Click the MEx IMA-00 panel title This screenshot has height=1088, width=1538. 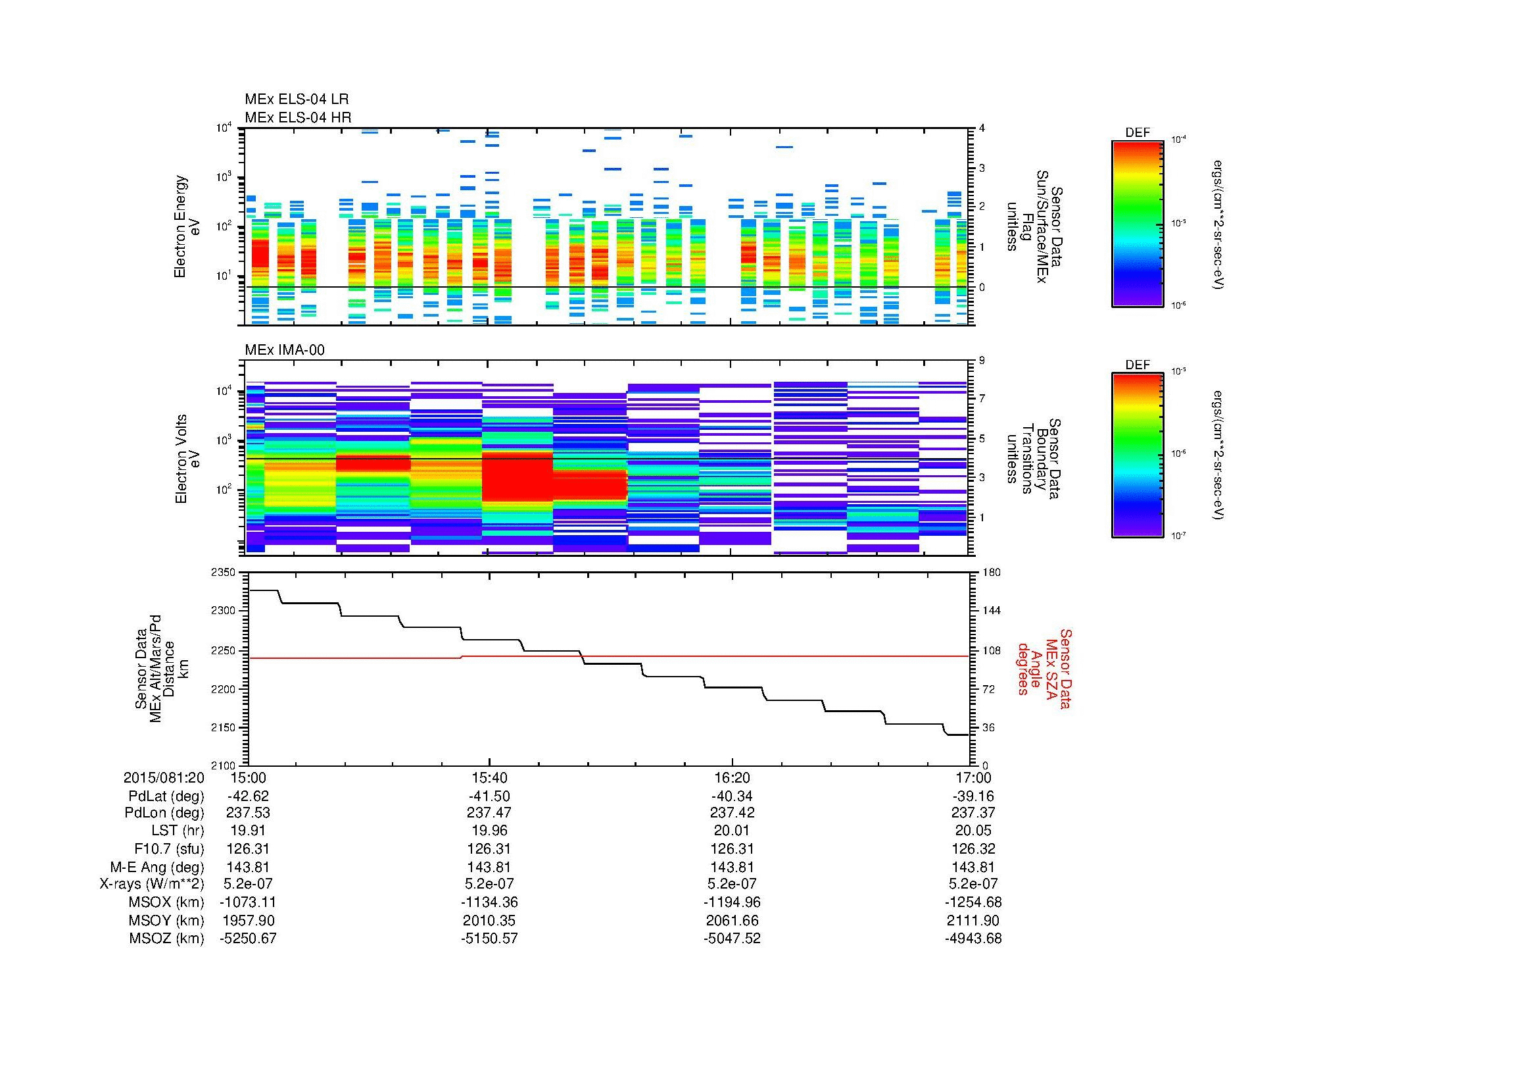[285, 350]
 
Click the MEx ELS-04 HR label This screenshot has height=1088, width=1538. [298, 117]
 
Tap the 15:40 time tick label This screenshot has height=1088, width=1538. [490, 777]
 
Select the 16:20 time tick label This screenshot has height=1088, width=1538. [731, 777]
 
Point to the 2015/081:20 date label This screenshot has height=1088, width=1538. [164, 777]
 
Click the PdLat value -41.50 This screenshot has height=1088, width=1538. [490, 796]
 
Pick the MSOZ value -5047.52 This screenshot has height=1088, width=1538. [731, 939]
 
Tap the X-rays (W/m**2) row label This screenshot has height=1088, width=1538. [152, 884]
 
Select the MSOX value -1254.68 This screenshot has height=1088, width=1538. [973, 902]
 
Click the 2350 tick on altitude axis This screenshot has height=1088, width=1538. [224, 573]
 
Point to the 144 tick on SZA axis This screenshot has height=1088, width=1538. [991, 611]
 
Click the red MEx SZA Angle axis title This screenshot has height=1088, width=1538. [1044, 668]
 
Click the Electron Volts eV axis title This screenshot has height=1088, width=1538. [187, 459]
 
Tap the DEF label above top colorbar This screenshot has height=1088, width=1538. [1137, 133]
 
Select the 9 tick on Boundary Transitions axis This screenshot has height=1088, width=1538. [982, 361]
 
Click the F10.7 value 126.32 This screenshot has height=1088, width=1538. [973, 848]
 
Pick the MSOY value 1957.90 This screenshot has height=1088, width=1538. [248, 920]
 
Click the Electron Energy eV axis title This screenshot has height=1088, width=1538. [187, 226]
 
